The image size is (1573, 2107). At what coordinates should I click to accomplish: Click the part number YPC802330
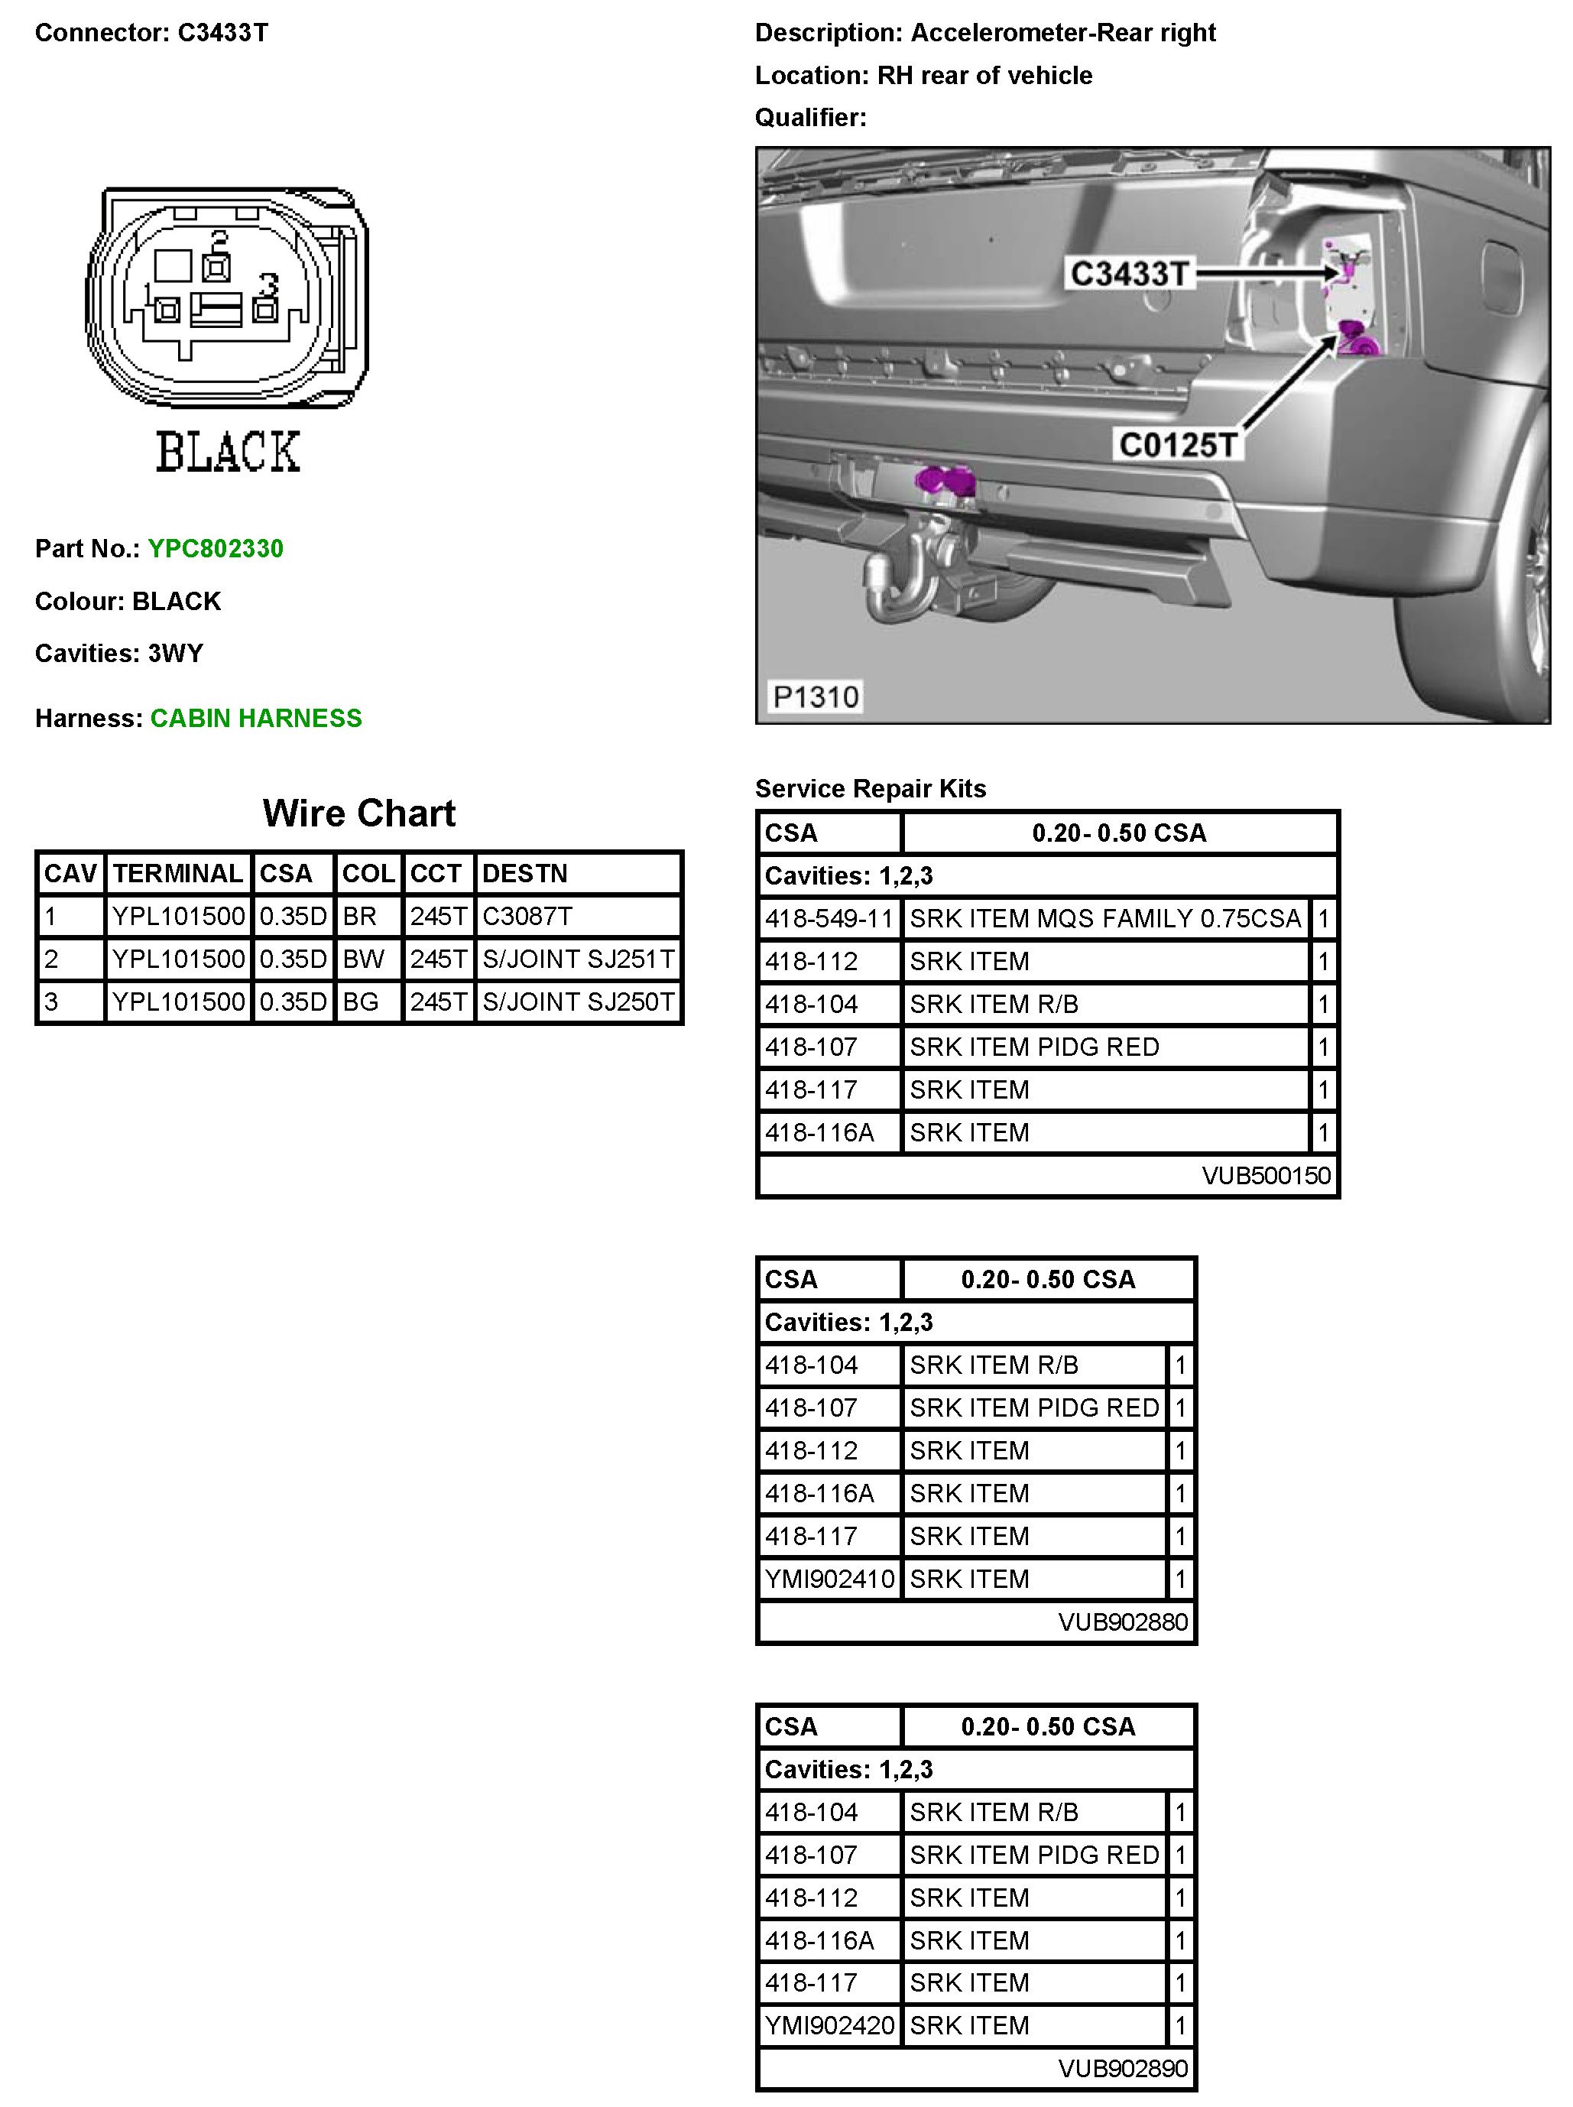click(x=216, y=549)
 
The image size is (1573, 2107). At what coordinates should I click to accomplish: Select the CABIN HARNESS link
click(x=256, y=718)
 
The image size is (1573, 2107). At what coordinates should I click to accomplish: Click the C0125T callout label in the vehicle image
click(x=1178, y=445)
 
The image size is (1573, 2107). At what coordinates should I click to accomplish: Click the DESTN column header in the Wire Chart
click(x=524, y=874)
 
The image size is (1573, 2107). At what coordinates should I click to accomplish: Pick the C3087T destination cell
click(x=527, y=917)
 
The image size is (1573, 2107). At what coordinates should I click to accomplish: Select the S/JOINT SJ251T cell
click(x=578, y=959)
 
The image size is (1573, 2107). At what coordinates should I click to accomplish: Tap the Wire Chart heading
click(x=359, y=813)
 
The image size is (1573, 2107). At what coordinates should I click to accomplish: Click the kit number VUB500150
click(x=1266, y=1175)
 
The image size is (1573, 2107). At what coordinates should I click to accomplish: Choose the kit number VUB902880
click(x=1123, y=1622)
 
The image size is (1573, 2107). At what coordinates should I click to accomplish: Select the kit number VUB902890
click(x=1123, y=2069)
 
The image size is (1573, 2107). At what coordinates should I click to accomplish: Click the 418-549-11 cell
click(x=829, y=918)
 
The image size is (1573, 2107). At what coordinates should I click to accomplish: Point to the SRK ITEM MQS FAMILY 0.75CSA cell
click(x=1104, y=918)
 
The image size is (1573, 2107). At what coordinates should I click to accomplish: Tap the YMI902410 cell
click(x=829, y=1579)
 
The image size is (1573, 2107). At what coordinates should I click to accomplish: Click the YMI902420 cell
click(x=829, y=2026)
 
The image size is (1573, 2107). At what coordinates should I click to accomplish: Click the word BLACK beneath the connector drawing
click(x=228, y=453)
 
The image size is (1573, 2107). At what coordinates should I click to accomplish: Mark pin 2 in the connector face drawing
click(x=216, y=268)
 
